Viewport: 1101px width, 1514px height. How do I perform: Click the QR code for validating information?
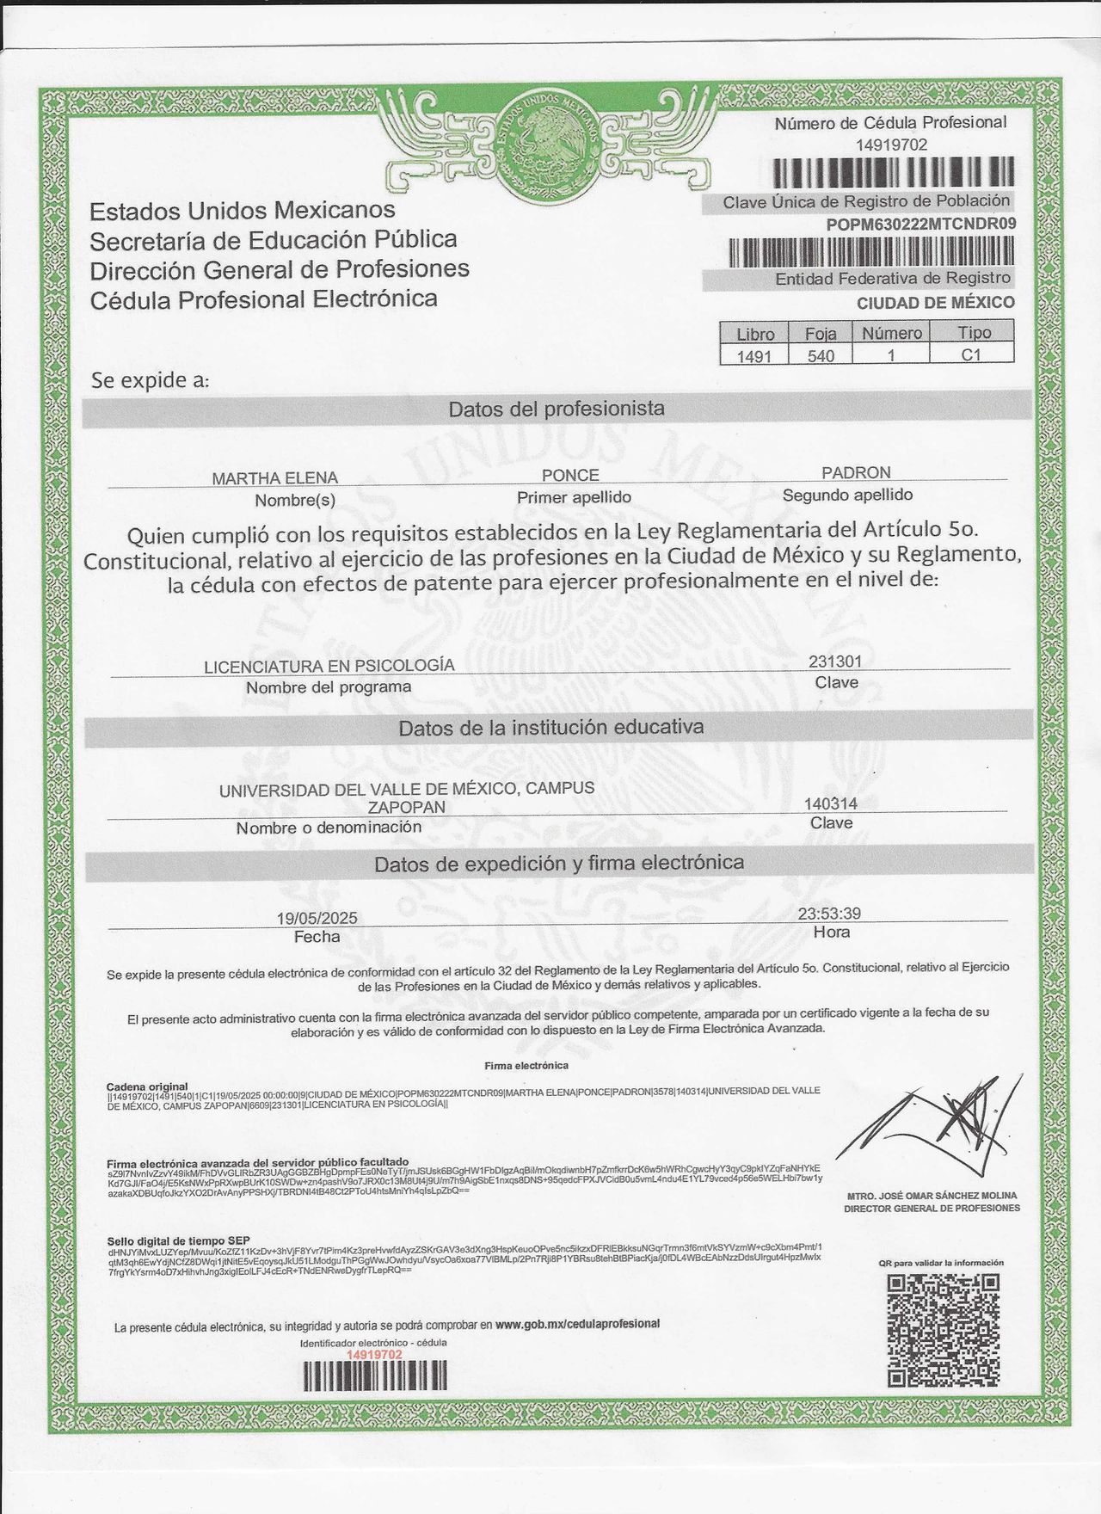click(x=943, y=1329)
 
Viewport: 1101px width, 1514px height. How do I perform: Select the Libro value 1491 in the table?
click(x=754, y=355)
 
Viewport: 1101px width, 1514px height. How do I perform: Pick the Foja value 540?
click(x=821, y=355)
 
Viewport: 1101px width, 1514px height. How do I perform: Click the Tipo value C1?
click(x=971, y=354)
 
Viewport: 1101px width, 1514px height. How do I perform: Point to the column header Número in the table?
click(x=892, y=333)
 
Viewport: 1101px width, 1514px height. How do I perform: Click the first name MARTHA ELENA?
click(x=275, y=478)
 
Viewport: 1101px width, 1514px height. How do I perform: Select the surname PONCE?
click(x=570, y=475)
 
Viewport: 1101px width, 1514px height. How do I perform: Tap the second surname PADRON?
click(x=856, y=472)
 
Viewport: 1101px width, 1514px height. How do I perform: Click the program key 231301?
click(x=834, y=662)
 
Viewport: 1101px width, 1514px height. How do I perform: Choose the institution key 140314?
click(x=831, y=803)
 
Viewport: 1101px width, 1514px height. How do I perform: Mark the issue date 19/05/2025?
click(x=317, y=918)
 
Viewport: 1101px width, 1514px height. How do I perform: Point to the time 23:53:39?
click(x=829, y=914)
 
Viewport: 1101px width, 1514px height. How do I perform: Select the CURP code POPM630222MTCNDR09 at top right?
click(x=921, y=224)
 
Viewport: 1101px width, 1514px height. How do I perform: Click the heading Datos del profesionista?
click(x=557, y=409)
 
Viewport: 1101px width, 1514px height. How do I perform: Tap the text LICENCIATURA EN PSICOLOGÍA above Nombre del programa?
click(x=329, y=666)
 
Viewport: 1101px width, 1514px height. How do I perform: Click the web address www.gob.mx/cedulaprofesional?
click(x=578, y=1324)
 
